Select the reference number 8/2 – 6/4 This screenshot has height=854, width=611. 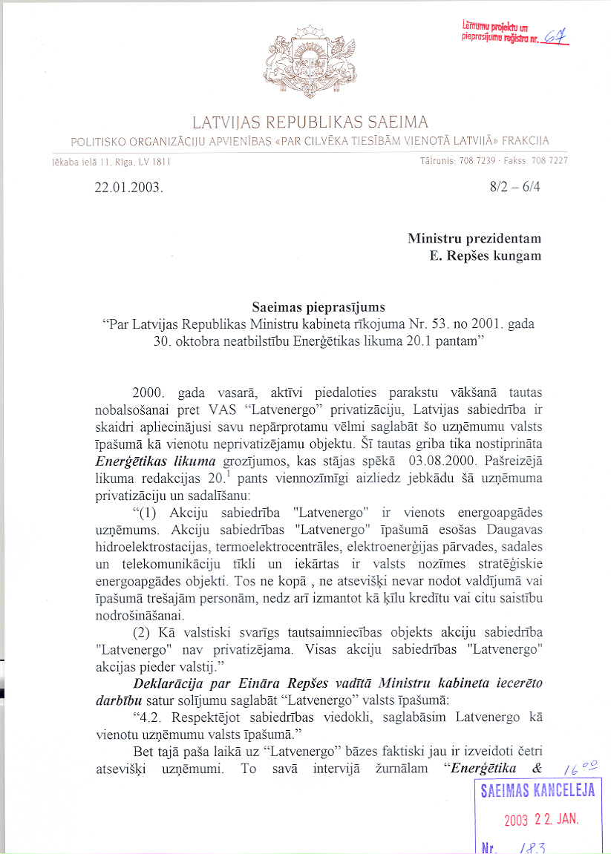515,186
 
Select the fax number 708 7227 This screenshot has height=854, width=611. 552,160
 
